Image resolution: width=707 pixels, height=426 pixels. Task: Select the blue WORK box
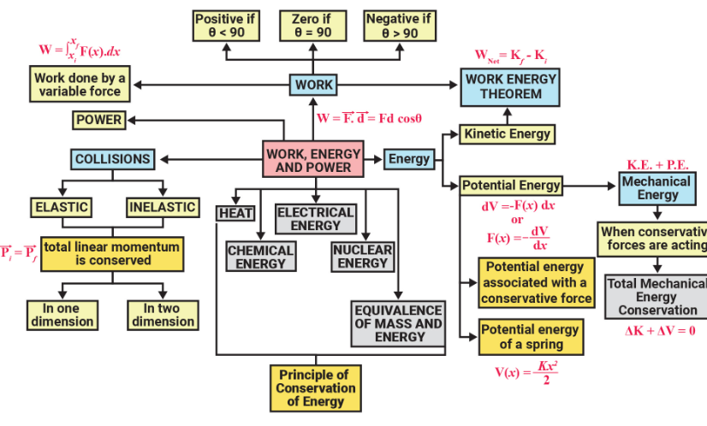(313, 85)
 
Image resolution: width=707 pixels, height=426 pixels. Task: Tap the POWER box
(98, 121)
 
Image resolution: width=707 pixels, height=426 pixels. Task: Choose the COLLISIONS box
(112, 159)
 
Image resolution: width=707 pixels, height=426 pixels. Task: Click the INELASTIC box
(163, 207)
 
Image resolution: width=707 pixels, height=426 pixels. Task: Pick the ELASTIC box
(61, 207)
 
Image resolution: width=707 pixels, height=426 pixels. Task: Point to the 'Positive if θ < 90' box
(226, 26)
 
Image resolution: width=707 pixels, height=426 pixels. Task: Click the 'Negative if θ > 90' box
(397, 26)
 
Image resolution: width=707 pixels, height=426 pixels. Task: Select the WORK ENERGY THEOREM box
(510, 86)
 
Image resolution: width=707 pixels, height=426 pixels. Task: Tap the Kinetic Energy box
(507, 133)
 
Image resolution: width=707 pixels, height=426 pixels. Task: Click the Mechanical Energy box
(656, 188)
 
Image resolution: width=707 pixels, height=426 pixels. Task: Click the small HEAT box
(235, 213)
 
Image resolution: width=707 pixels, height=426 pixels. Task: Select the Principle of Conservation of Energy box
(312, 388)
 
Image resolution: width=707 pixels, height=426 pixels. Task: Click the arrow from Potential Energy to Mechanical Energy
(591, 185)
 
